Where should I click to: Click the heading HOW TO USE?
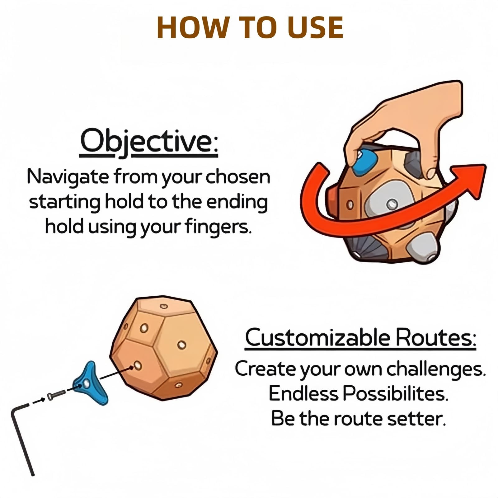tap(250, 27)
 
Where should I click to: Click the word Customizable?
tap(317, 338)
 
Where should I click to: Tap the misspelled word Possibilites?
tap(395, 394)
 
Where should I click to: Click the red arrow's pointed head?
tap(470, 179)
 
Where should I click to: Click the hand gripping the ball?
tap(411, 125)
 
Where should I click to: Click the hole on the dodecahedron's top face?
tap(163, 306)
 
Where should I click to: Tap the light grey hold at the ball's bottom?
tap(423, 247)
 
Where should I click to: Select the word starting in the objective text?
tap(65, 203)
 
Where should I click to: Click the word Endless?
tap(303, 394)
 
